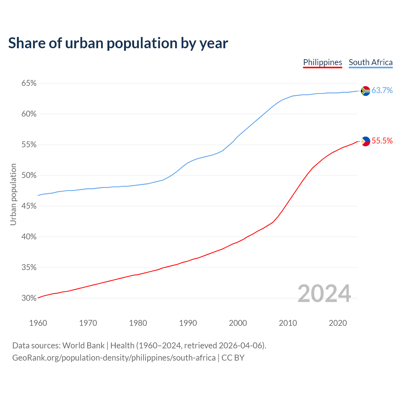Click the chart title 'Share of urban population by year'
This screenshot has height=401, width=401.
click(118, 43)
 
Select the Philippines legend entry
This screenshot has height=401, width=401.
click(322, 62)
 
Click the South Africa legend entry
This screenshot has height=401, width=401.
click(370, 62)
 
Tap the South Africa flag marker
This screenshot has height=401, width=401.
click(365, 91)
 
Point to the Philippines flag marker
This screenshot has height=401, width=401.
click(366, 141)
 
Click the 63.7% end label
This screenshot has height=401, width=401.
click(382, 91)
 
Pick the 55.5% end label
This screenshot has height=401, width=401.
click(382, 141)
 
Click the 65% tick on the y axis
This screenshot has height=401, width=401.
click(29, 83)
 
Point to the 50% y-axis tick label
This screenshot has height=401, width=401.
click(29, 175)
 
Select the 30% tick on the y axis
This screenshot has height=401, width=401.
click(29, 298)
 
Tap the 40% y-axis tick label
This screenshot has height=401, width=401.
click(29, 237)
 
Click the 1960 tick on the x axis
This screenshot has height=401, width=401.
click(38, 323)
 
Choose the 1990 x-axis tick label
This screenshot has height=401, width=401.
click(188, 323)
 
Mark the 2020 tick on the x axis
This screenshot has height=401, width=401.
click(338, 323)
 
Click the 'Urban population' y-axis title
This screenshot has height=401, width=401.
click(13, 194)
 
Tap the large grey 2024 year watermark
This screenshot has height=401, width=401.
click(324, 294)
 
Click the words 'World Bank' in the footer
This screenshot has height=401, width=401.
click(83, 346)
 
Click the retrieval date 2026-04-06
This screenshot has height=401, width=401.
click(240, 346)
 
